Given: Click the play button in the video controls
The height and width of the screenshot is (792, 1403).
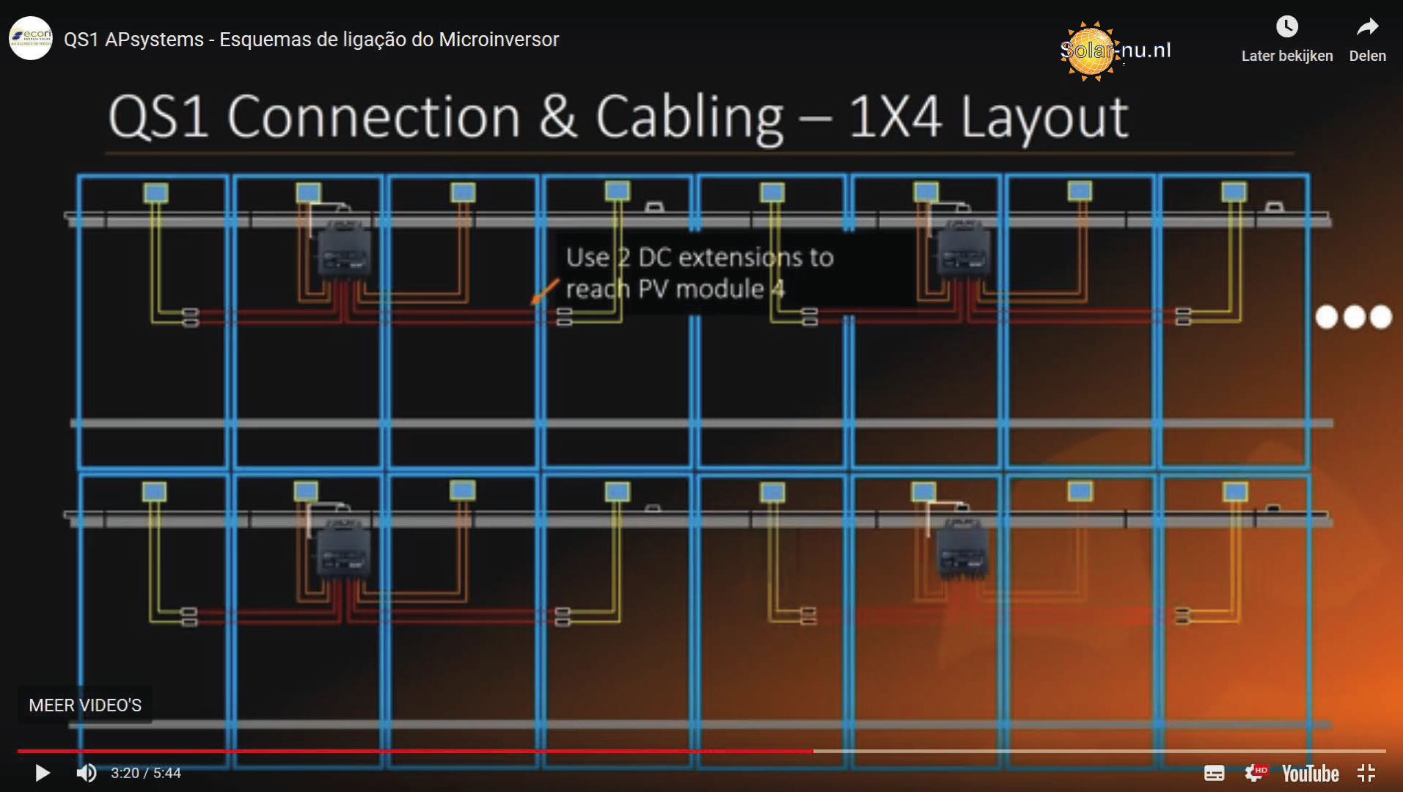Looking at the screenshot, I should tap(43, 773).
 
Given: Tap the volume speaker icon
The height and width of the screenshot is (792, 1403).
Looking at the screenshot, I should tap(87, 773).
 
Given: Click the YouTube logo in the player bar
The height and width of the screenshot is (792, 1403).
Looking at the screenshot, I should tap(1310, 774).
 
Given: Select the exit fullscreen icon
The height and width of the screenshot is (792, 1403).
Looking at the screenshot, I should tap(1366, 773).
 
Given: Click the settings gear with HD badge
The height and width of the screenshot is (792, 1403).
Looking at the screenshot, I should tap(1255, 773).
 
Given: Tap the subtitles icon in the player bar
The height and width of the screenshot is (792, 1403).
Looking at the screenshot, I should tap(1214, 773).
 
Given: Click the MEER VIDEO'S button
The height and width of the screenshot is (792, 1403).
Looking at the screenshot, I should tap(85, 705).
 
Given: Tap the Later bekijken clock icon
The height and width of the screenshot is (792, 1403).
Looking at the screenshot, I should tap(1286, 27).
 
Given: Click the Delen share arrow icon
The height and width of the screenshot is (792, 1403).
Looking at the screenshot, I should tap(1367, 27).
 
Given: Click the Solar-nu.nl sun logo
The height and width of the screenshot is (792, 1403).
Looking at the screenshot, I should tap(1090, 50).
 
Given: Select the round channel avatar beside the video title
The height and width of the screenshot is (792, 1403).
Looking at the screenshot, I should tap(31, 38).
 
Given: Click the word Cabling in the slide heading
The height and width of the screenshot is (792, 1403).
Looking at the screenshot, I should tap(689, 117).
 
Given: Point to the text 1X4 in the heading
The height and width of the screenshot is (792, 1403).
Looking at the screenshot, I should tap(895, 117).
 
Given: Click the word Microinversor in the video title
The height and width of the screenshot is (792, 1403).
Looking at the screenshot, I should tap(499, 40).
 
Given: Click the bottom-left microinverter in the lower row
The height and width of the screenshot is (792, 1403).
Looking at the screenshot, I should tap(343, 551).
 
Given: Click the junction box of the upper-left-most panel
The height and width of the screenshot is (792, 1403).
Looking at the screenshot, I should tap(155, 193).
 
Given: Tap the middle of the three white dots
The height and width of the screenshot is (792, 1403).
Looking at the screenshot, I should tap(1354, 317).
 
